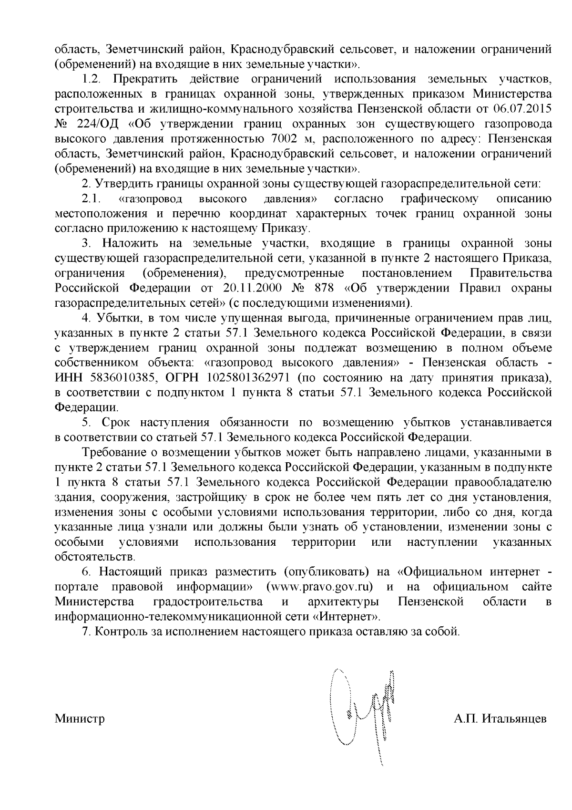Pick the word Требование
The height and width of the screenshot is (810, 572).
[x=113, y=452]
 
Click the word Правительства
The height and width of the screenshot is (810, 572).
[x=511, y=273]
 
